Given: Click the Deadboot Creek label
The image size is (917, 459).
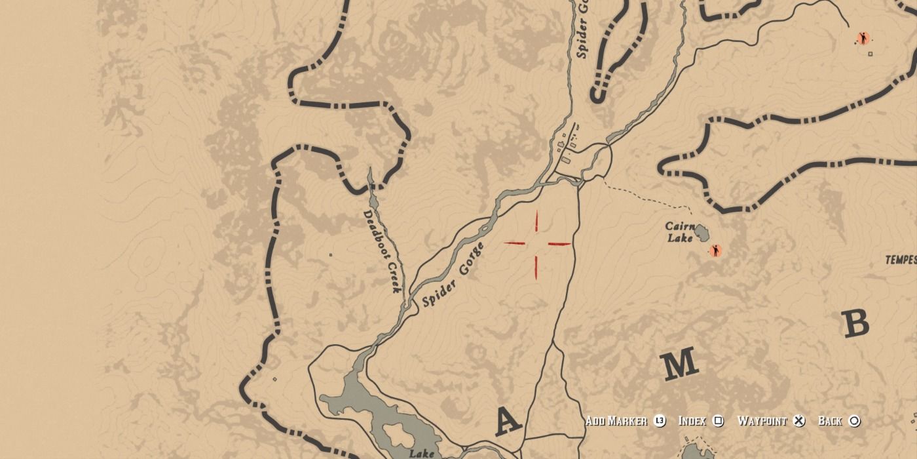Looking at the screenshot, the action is [x=383, y=251].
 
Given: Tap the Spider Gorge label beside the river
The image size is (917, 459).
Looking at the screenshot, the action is [x=453, y=275].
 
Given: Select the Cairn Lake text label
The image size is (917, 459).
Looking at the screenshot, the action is [x=680, y=232].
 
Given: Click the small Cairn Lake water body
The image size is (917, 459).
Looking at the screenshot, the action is [x=702, y=232].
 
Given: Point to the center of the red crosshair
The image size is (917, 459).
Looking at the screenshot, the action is [x=536, y=244].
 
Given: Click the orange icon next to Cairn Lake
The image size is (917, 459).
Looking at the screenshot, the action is [x=715, y=250].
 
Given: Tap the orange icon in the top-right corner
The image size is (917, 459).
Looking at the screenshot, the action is [x=863, y=39].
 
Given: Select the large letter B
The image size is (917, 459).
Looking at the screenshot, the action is [x=855, y=323].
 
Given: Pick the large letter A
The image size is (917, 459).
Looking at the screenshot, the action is [x=508, y=421].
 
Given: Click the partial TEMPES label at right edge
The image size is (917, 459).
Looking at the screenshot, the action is [x=901, y=260].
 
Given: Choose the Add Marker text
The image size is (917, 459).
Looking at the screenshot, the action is [x=616, y=421].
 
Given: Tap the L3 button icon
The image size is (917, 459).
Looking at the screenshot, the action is [x=659, y=421].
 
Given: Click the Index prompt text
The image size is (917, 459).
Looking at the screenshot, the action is [x=692, y=421].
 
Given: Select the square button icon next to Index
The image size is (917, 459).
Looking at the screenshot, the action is [x=718, y=421].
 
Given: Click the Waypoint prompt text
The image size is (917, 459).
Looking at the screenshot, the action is [x=762, y=421].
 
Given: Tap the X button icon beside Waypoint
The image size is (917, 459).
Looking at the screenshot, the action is [x=798, y=421].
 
